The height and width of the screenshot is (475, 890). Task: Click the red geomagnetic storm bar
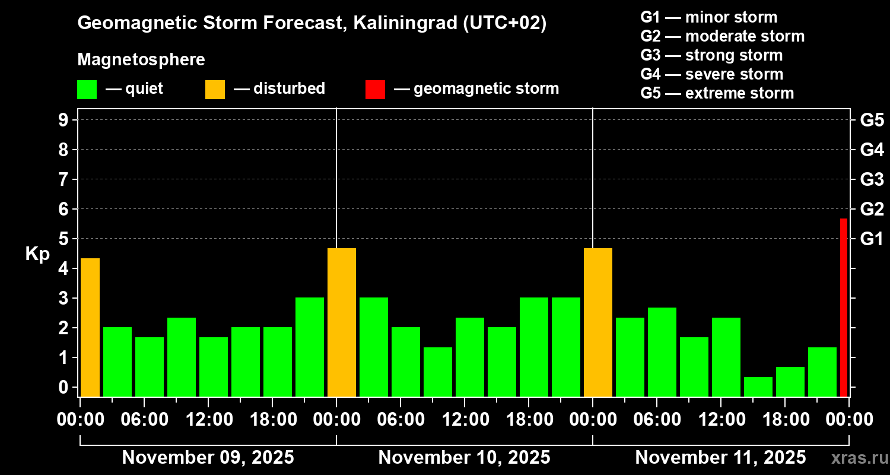pyautogui.click(x=843, y=308)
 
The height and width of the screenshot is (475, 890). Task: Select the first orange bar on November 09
pyautogui.click(x=90, y=327)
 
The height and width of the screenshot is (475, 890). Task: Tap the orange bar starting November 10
pyautogui.click(x=342, y=322)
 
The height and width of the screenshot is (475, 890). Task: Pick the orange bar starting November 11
pyautogui.click(x=598, y=322)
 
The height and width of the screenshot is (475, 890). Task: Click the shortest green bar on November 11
pyautogui.click(x=758, y=387)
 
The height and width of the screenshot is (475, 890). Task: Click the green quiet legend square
pyautogui.click(x=87, y=90)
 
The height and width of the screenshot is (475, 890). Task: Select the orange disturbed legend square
pyautogui.click(x=215, y=90)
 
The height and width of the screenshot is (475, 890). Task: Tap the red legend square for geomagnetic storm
pyautogui.click(x=375, y=90)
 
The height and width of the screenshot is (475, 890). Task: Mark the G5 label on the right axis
pyautogui.click(x=872, y=121)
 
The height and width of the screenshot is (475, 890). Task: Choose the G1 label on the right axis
pyautogui.click(x=872, y=239)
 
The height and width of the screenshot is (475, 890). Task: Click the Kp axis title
pyautogui.click(x=37, y=254)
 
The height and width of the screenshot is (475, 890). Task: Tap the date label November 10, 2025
pyautogui.click(x=464, y=458)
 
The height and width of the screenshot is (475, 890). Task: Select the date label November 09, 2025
pyautogui.click(x=208, y=458)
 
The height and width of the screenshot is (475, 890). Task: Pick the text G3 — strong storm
pyautogui.click(x=711, y=55)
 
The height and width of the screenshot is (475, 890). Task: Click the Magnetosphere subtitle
pyautogui.click(x=141, y=60)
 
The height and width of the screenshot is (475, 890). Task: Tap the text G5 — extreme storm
pyautogui.click(x=717, y=93)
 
